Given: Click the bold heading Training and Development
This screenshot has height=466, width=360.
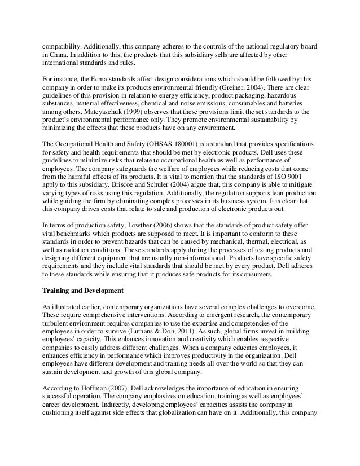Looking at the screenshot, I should [82, 291].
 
